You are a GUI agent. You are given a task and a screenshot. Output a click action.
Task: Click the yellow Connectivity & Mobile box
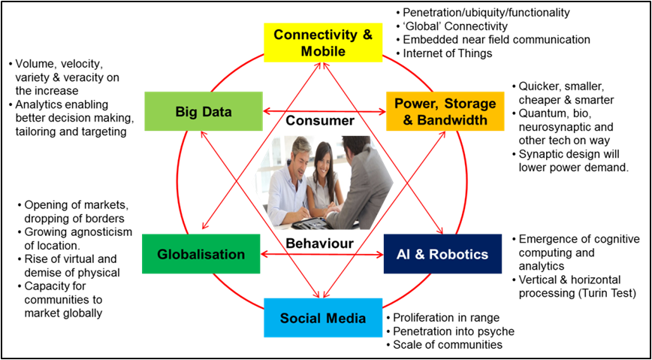322,43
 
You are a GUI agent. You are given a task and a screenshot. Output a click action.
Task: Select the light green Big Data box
204,111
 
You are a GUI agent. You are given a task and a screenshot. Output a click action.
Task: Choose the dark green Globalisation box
201,254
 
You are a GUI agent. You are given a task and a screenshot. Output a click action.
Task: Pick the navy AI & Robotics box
442,254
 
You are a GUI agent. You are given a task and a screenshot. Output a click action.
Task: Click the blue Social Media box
322,317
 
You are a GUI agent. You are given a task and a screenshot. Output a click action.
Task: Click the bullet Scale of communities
448,345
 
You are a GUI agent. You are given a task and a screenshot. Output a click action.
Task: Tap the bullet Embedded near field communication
496,40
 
